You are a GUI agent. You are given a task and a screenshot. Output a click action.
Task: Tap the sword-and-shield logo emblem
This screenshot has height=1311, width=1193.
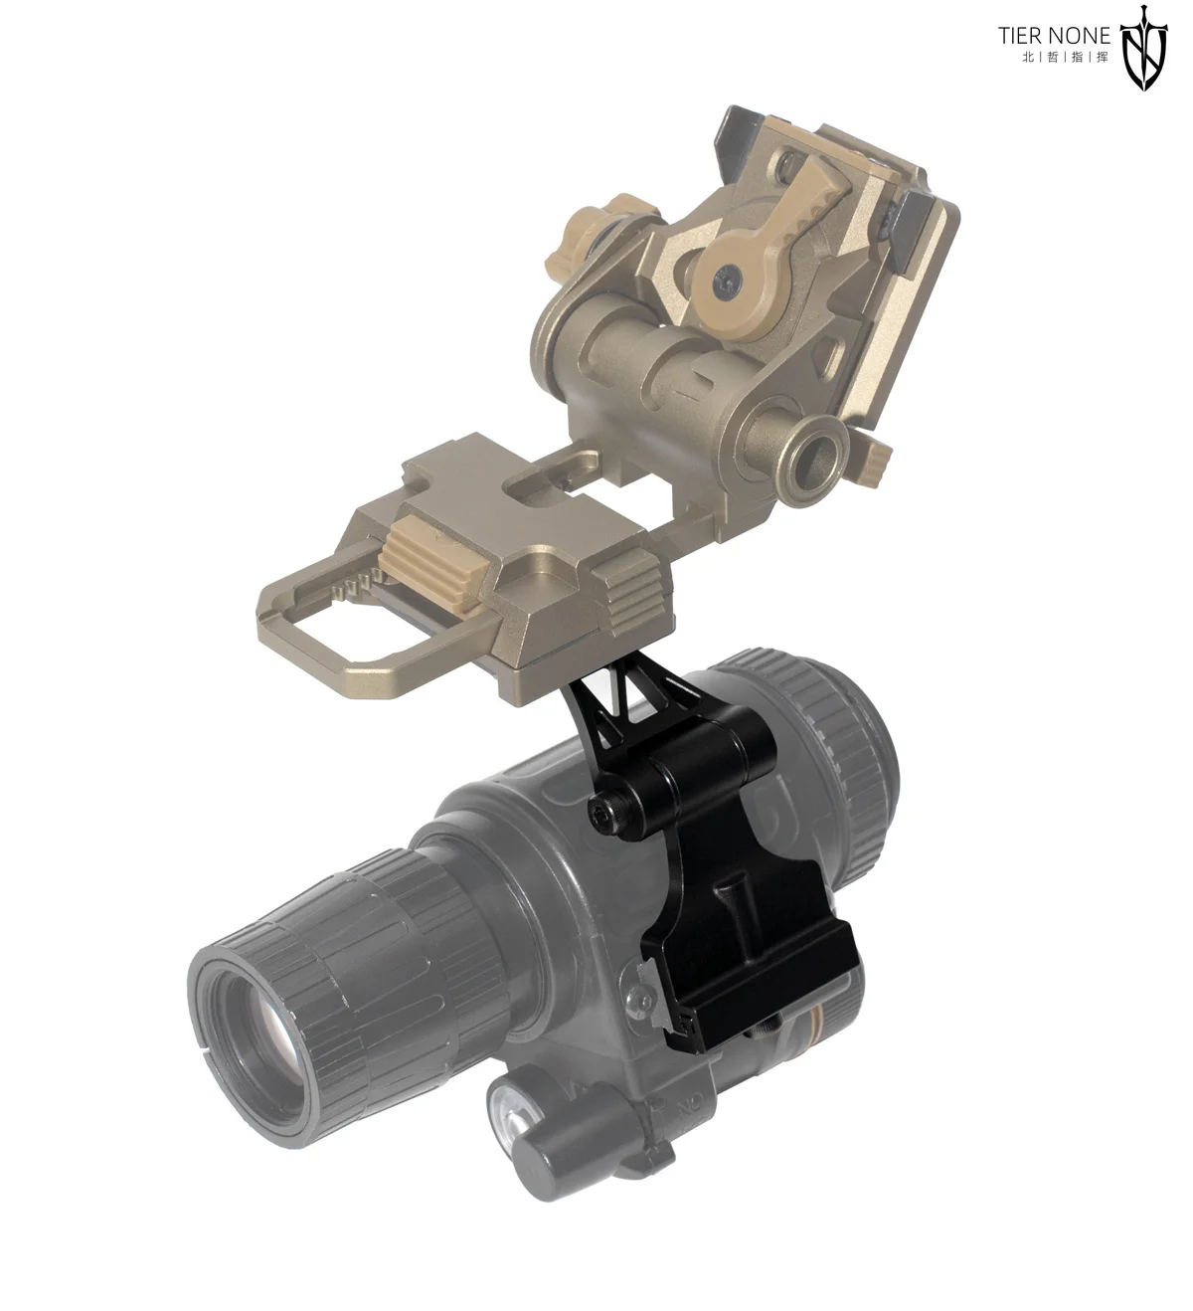coord(1143,47)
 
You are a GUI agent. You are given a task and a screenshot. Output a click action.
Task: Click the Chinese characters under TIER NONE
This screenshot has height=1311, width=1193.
coord(1066,57)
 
